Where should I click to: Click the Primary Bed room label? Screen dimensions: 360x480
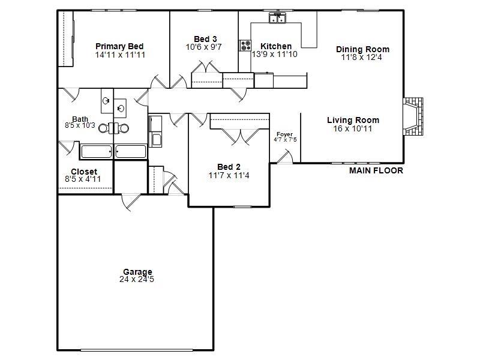(x=119, y=46)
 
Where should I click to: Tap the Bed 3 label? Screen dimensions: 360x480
(x=205, y=39)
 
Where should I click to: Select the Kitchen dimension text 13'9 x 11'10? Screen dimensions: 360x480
(x=274, y=55)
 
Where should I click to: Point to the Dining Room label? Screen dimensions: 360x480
(x=362, y=49)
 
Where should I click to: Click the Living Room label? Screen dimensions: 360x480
(x=353, y=120)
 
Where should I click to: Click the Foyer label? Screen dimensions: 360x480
(x=284, y=134)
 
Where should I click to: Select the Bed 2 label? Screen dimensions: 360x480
(x=229, y=167)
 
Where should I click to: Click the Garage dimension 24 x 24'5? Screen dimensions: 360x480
(x=137, y=279)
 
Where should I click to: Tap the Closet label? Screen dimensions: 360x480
(x=84, y=172)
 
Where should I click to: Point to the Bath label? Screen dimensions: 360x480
(x=80, y=119)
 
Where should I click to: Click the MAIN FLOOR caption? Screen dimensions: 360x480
(x=376, y=171)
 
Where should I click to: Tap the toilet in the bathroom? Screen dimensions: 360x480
(x=113, y=128)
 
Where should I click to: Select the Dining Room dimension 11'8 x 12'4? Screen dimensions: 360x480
(x=362, y=58)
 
